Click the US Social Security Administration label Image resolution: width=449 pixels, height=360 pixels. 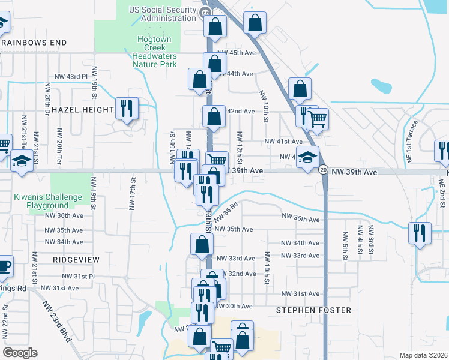pyautogui.click(x=163, y=14)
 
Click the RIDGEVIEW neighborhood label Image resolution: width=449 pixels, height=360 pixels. pyautogui.click(x=76, y=259)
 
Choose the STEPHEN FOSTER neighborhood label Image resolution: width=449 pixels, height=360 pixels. pyautogui.click(x=313, y=310)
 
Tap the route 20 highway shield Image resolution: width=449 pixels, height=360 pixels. pyautogui.click(x=323, y=170)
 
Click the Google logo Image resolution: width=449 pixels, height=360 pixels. pyautogui.click(x=20, y=353)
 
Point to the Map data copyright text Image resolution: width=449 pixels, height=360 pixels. pyautogui.click(x=423, y=355)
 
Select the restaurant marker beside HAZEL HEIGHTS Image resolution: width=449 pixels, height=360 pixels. pyautogui.click(x=127, y=109)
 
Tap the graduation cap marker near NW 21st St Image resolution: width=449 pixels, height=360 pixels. pyautogui.click(x=22, y=161)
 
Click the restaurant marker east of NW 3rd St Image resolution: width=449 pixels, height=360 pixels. pyautogui.click(x=419, y=232)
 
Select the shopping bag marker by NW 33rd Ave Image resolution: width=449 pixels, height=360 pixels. pyautogui.click(x=202, y=244)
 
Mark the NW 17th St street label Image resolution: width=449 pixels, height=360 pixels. pyautogui.click(x=132, y=193)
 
